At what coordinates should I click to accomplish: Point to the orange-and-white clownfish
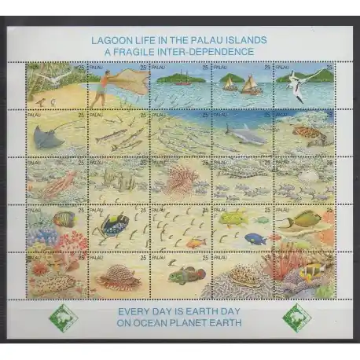click(x=310, y=271)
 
